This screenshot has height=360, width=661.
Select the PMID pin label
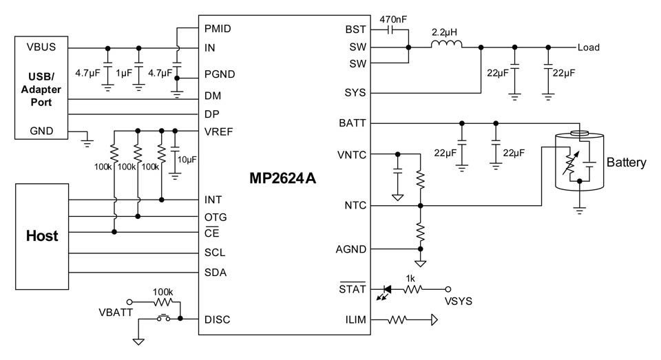click(x=218, y=29)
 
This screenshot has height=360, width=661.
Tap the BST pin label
click(x=355, y=30)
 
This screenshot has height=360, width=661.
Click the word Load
click(x=589, y=48)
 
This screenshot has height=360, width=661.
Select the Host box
click(x=42, y=236)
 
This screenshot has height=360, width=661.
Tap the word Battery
click(x=626, y=163)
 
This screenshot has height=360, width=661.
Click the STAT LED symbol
click(x=386, y=289)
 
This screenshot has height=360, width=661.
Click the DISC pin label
click(x=218, y=319)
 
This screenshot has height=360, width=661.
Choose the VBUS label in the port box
click(x=42, y=47)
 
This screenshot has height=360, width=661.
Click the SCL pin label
click(x=215, y=253)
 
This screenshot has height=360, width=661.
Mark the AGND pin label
click(x=353, y=249)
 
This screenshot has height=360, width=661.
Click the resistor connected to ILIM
click(x=400, y=319)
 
